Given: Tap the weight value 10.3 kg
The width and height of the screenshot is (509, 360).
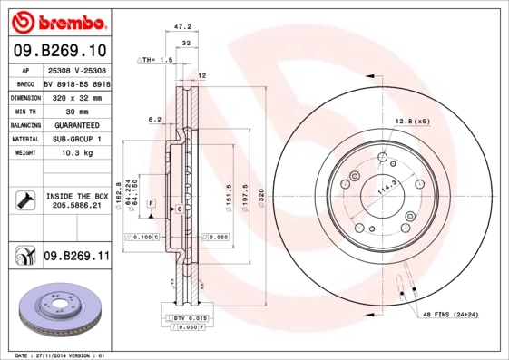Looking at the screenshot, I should pyautogui.click(x=75, y=153).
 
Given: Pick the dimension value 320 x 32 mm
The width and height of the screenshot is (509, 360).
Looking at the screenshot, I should pyautogui.click(x=76, y=95).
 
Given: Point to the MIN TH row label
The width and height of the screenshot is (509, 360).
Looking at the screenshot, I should pyautogui.click(x=24, y=110).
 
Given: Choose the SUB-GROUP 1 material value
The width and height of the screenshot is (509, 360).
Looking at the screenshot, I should pyautogui.click(x=76, y=139).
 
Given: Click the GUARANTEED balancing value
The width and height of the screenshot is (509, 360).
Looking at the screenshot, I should pyautogui.click(x=76, y=124).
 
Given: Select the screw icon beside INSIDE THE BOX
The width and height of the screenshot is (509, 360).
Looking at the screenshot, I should pyautogui.click(x=24, y=200).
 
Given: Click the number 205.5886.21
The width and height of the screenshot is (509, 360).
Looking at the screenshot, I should pyautogui.click(x=76, y=207).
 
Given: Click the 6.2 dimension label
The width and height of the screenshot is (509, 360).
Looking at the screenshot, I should pyautogui.click(x=154, y=119).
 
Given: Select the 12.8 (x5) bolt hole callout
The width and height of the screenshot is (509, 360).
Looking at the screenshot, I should pyautogui.click(x=411, y=121).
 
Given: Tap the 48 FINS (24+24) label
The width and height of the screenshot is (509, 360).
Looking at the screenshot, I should pyautogui.click(x=450, y=314).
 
